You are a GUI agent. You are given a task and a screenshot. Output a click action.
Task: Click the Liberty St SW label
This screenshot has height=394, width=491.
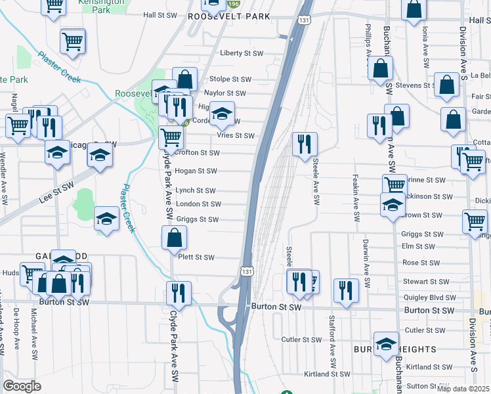242,53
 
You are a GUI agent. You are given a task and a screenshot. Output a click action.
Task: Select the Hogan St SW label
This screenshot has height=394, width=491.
196,171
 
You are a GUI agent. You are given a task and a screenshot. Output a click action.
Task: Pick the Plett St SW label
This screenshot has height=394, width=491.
196,257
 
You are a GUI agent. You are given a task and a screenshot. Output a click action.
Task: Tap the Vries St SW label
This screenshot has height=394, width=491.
235,136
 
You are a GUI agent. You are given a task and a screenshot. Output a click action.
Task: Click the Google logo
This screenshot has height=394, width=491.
22,386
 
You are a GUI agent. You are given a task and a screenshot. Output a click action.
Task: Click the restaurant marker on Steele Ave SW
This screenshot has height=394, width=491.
305,144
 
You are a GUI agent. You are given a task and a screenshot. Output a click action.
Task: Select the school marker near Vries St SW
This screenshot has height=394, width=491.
222,114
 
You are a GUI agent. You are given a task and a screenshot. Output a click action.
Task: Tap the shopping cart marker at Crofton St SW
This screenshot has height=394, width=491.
171,138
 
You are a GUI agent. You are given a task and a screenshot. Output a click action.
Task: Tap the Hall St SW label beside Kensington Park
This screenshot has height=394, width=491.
160,14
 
